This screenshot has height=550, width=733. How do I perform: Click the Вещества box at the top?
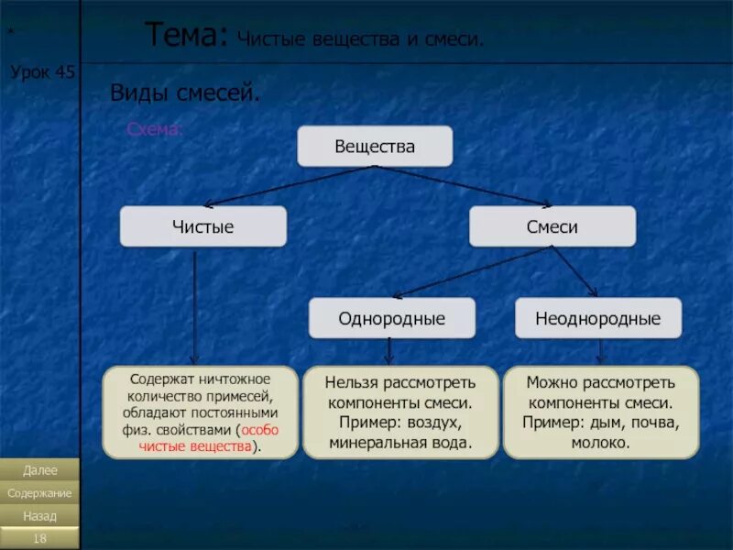(x=375, y=147)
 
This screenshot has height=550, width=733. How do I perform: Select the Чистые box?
(x=202, y=226)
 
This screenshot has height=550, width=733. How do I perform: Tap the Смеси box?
(x=552, y=226)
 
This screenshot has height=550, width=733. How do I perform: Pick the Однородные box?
(x=391, y=318)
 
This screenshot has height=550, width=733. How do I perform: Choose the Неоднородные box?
(x=597, y=318)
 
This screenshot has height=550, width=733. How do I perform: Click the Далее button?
(x=39, y=470)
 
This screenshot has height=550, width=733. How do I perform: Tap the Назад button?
(x=39, y=516)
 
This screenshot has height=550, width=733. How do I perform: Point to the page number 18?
(x=39, y=538)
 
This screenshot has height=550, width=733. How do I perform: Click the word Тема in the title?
(x=184, y=36)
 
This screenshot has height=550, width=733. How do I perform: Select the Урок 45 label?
(x=42, y=72)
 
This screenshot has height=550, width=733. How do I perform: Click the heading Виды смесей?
(x=185, y=93)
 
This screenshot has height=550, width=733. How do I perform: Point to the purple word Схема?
(x=154, y=130)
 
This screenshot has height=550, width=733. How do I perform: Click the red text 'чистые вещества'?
(x=195, y=446)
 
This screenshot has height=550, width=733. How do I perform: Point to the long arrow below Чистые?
(x=194, y=307)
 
